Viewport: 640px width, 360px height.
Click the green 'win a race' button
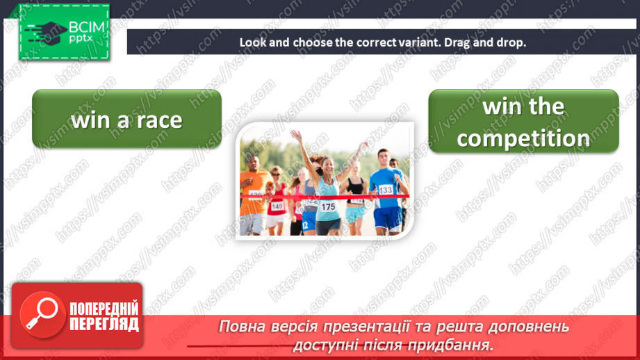coord(126,119)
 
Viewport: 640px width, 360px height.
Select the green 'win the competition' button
coord(523,122)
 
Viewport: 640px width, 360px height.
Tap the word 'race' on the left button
coord(158,120)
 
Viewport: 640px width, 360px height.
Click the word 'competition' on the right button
coord(523,138)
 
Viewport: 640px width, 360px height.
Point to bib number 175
coord(327,206)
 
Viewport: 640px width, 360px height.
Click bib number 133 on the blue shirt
coord(385,190)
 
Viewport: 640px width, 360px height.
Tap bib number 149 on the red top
coord(277,206)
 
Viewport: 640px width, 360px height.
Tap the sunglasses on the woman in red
coord(276,173)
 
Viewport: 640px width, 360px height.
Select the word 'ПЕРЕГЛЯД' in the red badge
coord(104,324)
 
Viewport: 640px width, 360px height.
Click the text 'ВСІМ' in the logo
coord(85,28)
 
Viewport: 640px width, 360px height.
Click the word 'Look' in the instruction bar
coord(253,42)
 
